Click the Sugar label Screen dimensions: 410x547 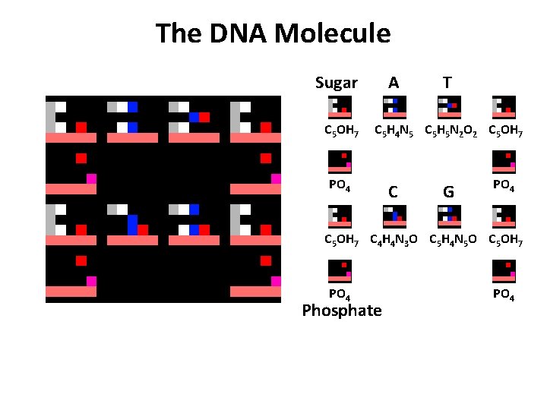point(337,83)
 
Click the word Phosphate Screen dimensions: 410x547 point(342,311)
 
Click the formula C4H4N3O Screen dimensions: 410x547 point(394,241)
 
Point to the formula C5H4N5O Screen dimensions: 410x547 point(454,241)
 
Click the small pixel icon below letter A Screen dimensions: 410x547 point(394,108)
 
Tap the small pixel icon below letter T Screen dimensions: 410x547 point(449,108)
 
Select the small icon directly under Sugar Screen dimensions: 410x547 point(339,108)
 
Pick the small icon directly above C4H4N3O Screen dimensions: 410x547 point(394,216)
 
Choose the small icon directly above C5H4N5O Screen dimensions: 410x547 point(449,216)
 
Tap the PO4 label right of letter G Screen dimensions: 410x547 point(504,185)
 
